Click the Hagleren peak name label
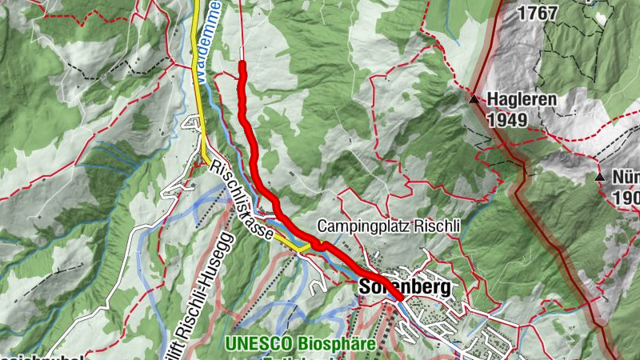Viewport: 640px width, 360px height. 522,101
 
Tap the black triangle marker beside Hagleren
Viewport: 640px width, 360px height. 474,100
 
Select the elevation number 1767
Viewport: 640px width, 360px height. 538,13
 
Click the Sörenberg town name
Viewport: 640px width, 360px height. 404,286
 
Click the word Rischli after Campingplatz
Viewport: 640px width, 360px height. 442,226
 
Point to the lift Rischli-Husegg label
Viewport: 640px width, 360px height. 198,288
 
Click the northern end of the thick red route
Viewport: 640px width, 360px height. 242,62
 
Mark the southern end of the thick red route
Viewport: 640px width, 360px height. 398,298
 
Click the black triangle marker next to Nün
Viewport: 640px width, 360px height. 599,176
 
